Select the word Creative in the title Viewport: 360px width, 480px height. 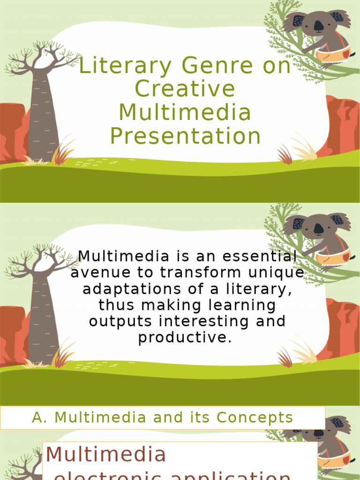coord(185,90)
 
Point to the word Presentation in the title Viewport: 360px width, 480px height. coord(185,136)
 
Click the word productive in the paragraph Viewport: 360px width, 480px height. coord(185,337)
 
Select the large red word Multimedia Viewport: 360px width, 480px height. coord(106,454)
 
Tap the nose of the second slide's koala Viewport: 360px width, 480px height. coord(318,229)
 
